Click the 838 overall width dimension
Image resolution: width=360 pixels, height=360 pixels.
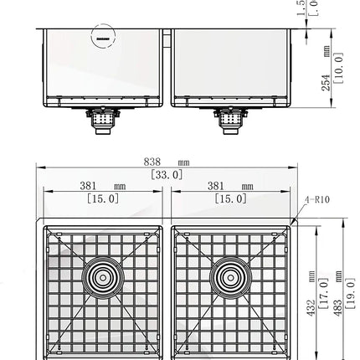(162, 162)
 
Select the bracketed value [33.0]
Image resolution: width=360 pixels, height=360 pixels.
(167, 174)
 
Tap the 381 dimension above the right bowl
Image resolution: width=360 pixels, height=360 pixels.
(225, 187)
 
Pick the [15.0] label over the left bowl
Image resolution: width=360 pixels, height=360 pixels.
(102, 198)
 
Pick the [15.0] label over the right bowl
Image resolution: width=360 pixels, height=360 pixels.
(230, 198)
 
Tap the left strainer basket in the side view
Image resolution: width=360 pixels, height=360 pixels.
(102, 124)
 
